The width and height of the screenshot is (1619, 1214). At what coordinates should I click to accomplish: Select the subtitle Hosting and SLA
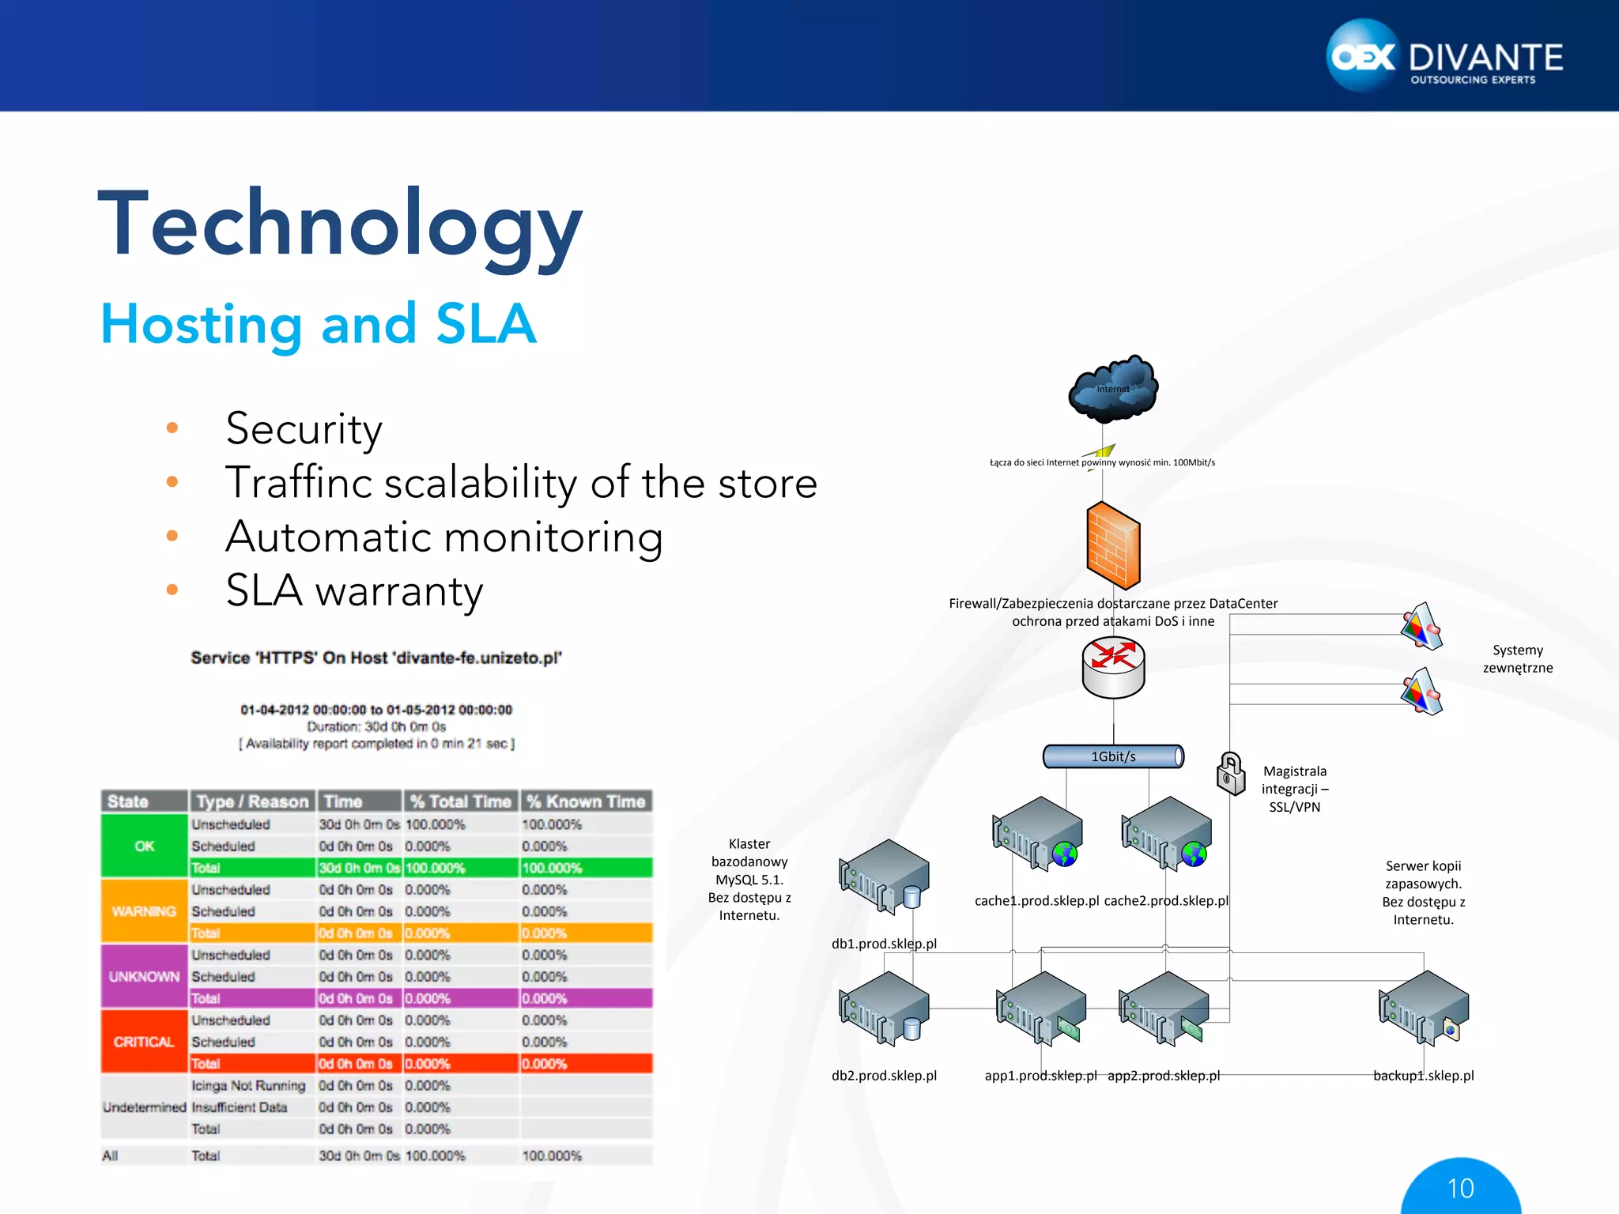(319, 324)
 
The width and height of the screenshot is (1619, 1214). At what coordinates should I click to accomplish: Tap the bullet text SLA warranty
(353, 590)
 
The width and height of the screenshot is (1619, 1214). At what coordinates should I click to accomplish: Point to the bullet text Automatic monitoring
(443, 537)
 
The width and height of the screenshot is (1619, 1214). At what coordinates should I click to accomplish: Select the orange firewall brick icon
(1113, 545)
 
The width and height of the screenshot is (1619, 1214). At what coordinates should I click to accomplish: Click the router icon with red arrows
(1113, 669)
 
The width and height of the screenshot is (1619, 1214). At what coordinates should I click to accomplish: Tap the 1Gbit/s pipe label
(1113, 756)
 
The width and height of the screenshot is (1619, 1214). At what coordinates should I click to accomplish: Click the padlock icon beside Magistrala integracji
(1230, 773)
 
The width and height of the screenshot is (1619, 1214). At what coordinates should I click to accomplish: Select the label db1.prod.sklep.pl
(884, 944)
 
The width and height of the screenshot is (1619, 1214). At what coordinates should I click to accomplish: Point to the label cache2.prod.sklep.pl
(1166, 901)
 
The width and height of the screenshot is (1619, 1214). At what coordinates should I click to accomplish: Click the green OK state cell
(144, 846)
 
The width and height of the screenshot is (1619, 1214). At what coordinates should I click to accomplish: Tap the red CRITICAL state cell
(144, 1042)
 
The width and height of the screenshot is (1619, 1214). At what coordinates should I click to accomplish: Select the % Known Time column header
(586, 801)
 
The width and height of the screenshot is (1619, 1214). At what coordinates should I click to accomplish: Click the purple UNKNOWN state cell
(144, 976)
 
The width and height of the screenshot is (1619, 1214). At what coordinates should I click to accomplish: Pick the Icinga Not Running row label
(248, 1086)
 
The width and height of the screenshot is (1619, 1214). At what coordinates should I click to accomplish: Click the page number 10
(1460, 1188)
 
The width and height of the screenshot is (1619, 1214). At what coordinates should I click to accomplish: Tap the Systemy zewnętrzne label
(1517, 659)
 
